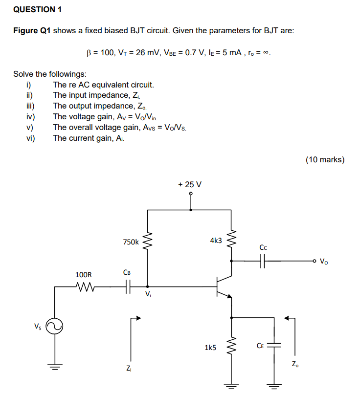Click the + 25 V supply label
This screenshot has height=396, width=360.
[x=190, y=185]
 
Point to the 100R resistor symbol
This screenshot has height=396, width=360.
[x=87, y=287]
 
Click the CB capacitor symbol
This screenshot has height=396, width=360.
[x=128, y=287]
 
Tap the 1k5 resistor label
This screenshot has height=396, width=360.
[x=210, y=348]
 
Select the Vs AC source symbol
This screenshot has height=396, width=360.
[x=55, y=326]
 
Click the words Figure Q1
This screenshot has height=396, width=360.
[x=32, y=30]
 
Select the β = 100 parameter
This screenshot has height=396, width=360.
[x=100, y=52]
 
